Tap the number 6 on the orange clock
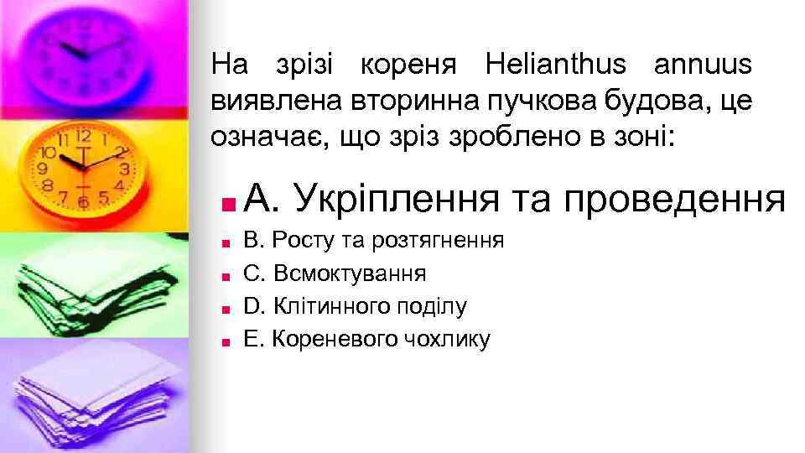[x=83, y=201]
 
